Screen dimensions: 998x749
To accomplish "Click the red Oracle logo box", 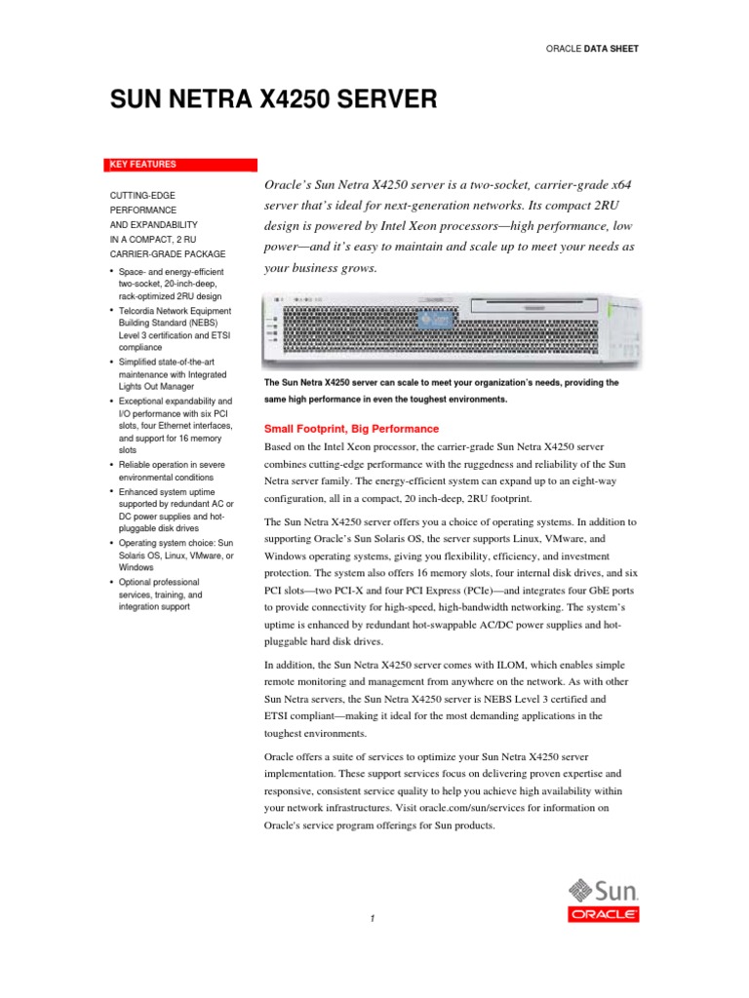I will click(x=604, y=914).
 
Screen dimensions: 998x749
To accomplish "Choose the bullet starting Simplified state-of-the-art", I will click(x=171, y=375).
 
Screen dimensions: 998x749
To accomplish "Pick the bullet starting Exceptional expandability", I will click(x=171, y=426).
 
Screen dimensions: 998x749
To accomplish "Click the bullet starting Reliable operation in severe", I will click(x=171, y=472).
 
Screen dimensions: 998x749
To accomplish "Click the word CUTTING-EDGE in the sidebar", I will click(x=142, y=196).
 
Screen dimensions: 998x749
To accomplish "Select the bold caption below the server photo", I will click(x=442, y=391).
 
